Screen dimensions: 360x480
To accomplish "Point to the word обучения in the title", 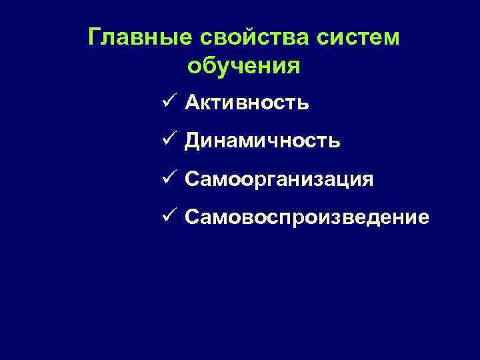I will pos(243,66).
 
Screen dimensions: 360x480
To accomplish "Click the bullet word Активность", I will pos(247,103).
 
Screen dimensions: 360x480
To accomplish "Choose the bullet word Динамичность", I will pos(263,141).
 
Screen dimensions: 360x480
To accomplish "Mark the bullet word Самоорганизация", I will pos(279,180).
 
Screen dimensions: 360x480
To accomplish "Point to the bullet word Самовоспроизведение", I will pos(307,218).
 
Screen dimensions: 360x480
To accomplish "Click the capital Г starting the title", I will pos(95,37).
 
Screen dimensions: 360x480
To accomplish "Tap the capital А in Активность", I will pos(192,103).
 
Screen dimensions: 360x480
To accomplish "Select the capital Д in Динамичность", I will pos(193,141).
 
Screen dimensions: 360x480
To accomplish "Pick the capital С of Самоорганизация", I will pos(192,180).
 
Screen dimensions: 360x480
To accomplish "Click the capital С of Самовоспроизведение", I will pos(192,218).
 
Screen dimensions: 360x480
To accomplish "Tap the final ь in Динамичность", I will pos(335,142).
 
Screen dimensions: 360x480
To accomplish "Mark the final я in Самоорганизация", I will pos(367,181).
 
